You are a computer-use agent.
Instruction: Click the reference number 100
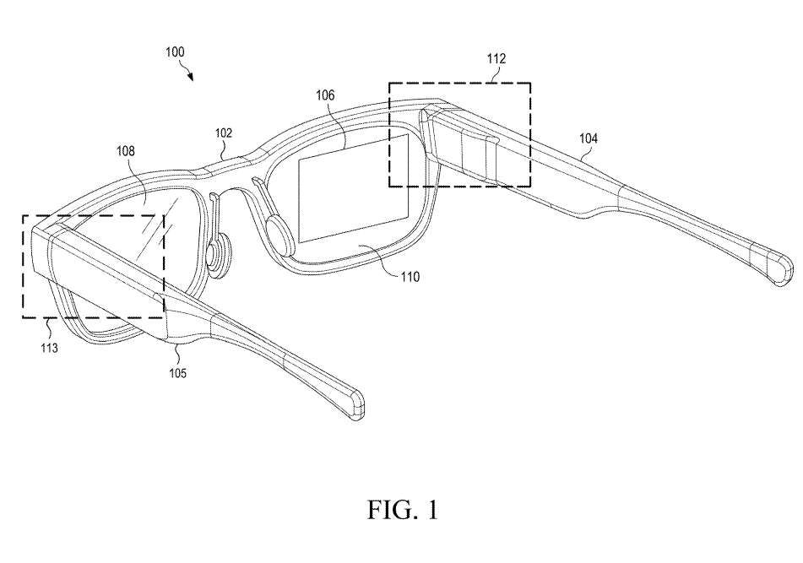[x=175, y=52]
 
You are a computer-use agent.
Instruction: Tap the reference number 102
[x=223, y=133]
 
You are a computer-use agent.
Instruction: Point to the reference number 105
[x=179, y=372]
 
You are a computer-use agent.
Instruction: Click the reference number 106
[x=324, y=95]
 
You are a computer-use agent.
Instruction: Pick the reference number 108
[x=126, y=152]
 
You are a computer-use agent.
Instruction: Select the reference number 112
[x=496, y=58]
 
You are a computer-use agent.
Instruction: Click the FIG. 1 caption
[x=401, y=510]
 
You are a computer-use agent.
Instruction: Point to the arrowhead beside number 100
[x=192, y=77]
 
